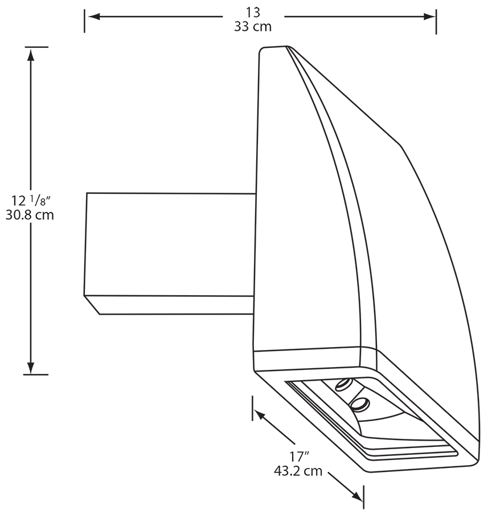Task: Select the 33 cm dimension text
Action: [x=253, y=26]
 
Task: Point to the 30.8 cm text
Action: [x=30, y=215]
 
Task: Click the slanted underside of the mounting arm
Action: [x=171, y=305]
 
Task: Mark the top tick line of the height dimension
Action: [x=36, y=46]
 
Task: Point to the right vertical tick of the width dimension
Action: [x=436, y=21]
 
